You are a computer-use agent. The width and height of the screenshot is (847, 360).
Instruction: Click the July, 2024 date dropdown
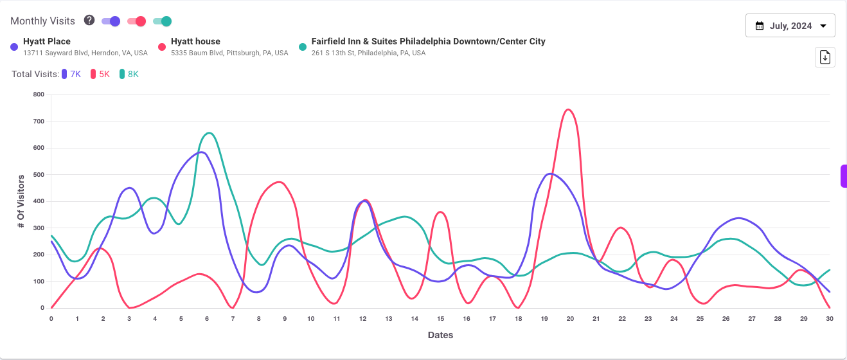(x=790, y=26)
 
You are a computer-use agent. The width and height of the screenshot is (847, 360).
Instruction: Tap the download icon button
(x=825, y=57)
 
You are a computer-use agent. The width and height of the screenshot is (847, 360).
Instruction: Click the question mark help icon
(x=89, y=21)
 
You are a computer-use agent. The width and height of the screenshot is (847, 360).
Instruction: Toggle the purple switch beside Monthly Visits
(x=111, y=21)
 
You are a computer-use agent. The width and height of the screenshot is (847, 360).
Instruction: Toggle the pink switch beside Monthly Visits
(x=137, y=21)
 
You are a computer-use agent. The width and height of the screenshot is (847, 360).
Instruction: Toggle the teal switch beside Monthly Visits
(x=163, y=21)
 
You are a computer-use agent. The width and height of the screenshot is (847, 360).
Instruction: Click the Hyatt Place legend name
(x=47, y=41)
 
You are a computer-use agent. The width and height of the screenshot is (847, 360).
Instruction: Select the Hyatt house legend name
(x=195, y=41)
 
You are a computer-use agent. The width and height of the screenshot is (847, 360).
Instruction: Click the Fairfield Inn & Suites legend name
(x=428, y=41)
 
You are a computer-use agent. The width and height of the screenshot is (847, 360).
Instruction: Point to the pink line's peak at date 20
(x=568, y=109)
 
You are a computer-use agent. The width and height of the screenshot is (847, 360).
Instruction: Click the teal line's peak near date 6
(x=210, y=133)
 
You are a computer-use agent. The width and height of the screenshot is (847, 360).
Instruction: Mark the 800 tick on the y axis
(x=39, y=94)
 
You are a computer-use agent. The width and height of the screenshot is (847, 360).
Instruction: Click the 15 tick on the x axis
(x=440, y=318)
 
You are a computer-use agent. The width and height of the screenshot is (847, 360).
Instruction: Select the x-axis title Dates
(x=440, y=335)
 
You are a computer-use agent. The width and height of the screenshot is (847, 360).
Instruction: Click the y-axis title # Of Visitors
(x=21, y=201)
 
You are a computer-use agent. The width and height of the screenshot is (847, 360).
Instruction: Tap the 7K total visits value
(x=75, y=74)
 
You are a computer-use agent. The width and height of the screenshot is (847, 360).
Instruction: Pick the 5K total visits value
(x=104, y=74)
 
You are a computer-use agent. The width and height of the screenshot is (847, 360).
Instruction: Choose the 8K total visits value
(x=133, y=74)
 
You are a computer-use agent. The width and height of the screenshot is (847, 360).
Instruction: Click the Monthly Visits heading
(x=42, y=21)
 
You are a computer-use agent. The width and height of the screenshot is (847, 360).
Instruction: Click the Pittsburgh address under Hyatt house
(x=229, y=53)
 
